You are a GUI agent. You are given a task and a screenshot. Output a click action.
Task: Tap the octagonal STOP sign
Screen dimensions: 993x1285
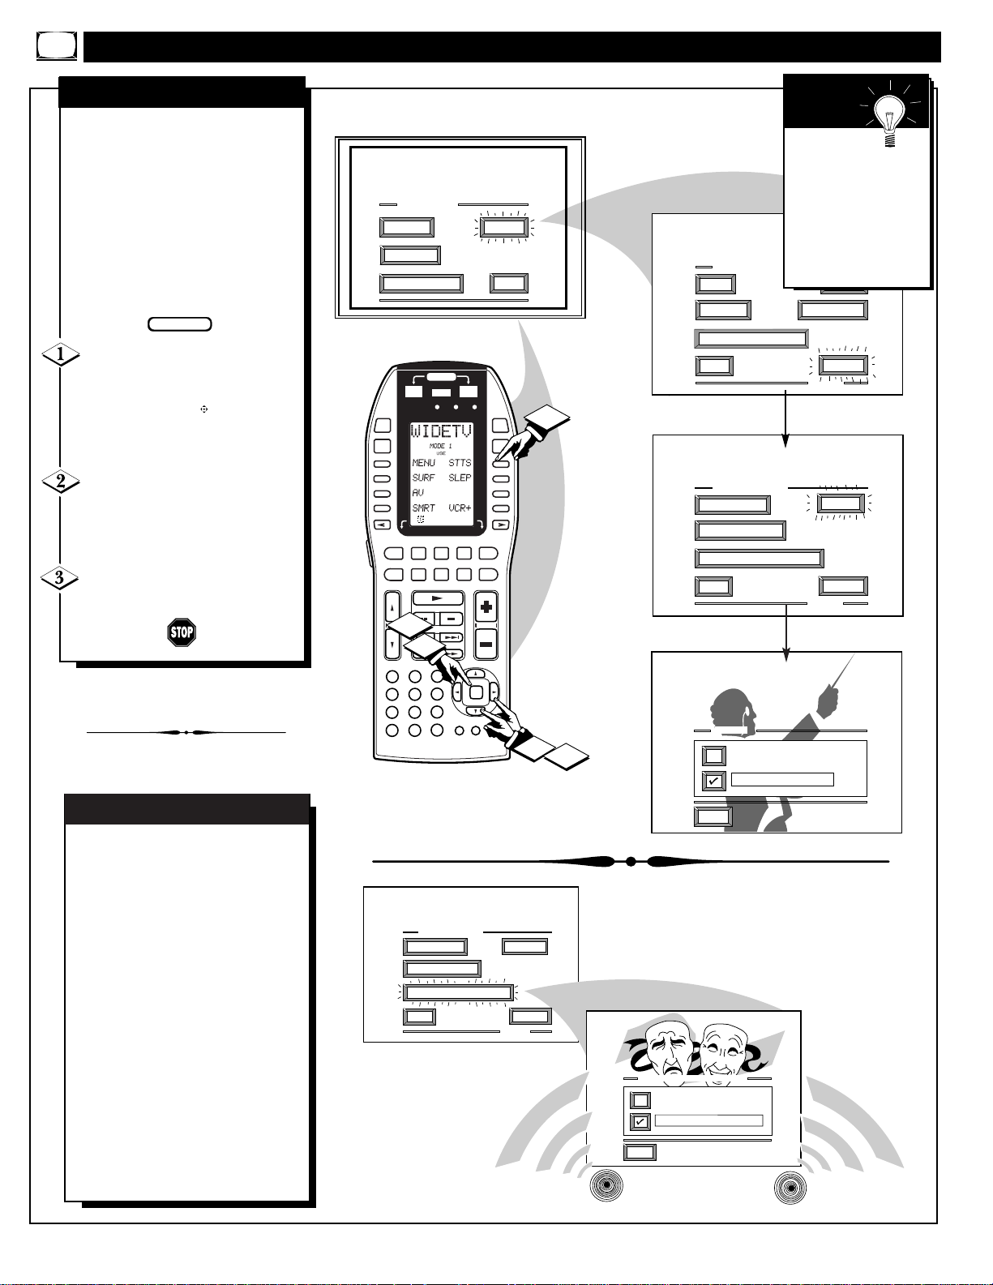coord(182,632)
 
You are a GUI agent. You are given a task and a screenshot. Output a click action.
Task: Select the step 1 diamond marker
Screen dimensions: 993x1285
coord(60,354)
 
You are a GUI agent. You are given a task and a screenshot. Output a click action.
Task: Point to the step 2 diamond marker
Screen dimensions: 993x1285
coord(60,482)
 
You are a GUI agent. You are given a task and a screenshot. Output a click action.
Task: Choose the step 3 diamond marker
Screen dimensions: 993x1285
coord(59,577)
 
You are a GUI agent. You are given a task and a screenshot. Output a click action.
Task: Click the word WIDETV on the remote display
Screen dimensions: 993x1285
coord(441,431)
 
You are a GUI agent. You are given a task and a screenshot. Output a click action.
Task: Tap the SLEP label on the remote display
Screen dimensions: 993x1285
coord(460,478)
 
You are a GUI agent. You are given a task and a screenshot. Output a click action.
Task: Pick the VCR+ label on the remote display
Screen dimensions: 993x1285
coord(460,508)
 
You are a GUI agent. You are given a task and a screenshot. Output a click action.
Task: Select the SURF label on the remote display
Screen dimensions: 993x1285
coord(423,478)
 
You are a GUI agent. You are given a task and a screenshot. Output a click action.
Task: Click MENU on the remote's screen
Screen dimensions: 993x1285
coord(423,462)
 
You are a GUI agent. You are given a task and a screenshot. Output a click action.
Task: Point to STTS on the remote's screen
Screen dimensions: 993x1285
coord(460,462)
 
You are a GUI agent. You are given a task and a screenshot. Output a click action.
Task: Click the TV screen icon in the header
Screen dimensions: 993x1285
coord(56,46)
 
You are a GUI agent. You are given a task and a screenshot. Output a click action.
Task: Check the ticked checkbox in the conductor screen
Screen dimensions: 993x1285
coord(713,782)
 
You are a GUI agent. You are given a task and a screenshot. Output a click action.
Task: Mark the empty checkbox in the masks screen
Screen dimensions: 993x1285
coord(640,1100)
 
